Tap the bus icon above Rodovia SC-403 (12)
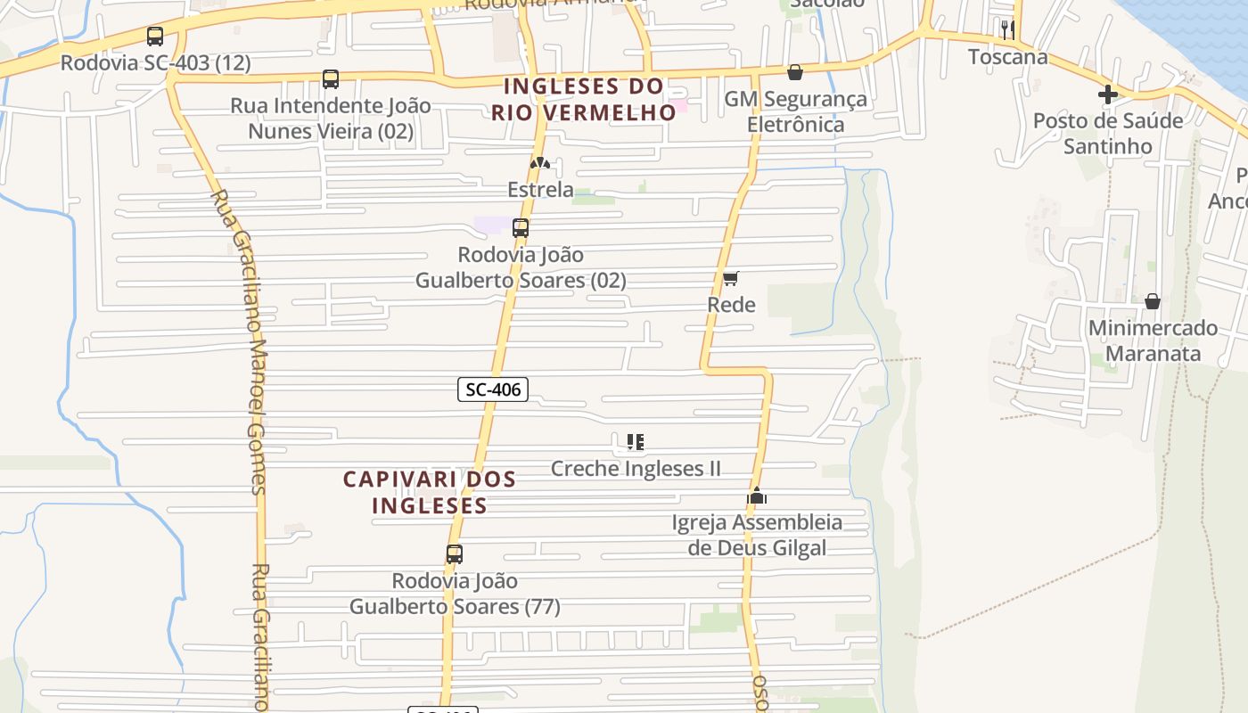[155, 37]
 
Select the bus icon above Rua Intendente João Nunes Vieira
[331, 79]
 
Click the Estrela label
[540, 189]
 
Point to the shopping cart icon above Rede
[731, 279]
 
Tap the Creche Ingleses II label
[636, 469]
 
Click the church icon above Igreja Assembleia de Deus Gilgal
[757, 496]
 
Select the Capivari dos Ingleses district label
[430, 492]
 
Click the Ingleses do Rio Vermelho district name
[584, 100]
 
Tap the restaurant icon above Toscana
[1008, 29]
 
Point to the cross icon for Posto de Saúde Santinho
[1108, 94]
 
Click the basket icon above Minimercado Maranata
[1153, 301]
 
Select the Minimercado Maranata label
[1153, 340]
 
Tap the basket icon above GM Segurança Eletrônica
[795, 72]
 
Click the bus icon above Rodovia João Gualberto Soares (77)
[455, 554]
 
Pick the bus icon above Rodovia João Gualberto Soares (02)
[521, 228]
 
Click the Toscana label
[1008, 57]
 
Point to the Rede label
[731, 305]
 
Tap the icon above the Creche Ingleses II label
[635, 442]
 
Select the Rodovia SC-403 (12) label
[155, 63]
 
